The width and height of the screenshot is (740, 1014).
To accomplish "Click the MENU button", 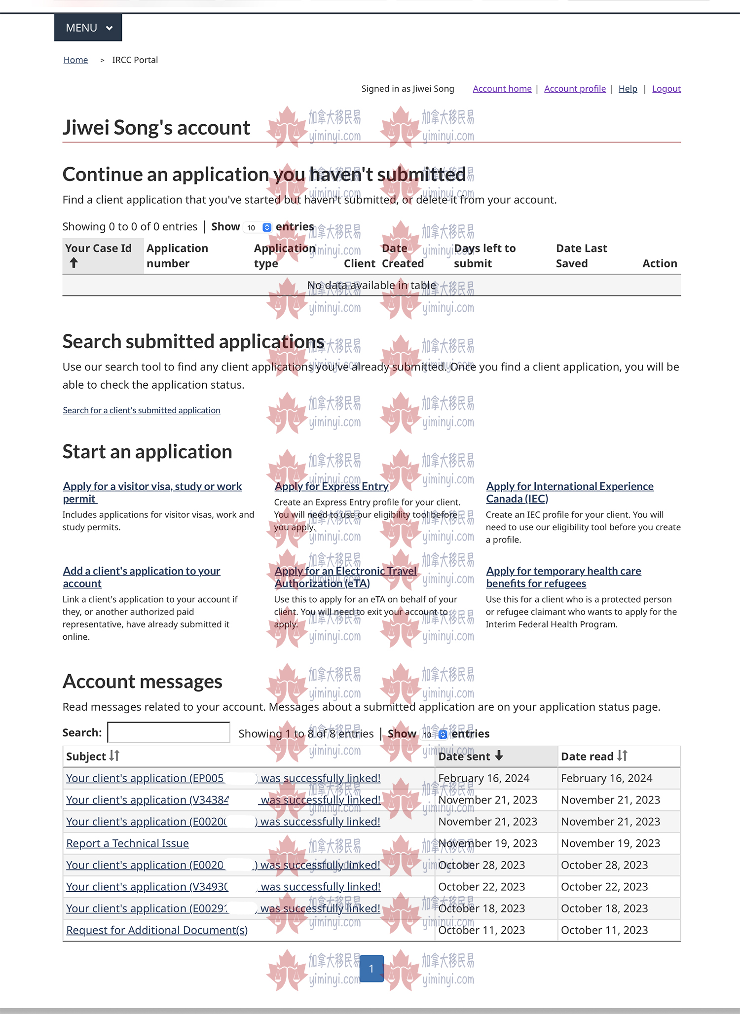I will coord(88,28).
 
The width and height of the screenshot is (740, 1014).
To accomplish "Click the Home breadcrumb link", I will coord(75,60).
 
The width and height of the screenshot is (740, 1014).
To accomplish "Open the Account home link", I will coord(502,89).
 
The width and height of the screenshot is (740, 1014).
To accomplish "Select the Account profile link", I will coord(575,89).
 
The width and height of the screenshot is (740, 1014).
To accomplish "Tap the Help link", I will coord(628,89).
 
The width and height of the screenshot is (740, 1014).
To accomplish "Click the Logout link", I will coord(666,89).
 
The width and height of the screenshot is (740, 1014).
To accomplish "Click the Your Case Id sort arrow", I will coord(74,263).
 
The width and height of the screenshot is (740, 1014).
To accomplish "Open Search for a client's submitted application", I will coord(142,410).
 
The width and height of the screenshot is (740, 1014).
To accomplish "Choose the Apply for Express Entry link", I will coord(332,486).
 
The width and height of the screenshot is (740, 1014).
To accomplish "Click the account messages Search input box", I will coord(169,732).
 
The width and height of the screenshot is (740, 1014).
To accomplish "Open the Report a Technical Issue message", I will coord(127,843).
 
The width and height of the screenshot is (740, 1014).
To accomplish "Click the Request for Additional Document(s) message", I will coord(157,930).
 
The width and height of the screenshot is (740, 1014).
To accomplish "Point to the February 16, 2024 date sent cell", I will coord(483,778).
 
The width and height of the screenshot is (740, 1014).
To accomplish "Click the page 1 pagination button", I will coord(371,969).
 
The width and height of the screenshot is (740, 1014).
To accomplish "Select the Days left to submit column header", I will coord(484,255).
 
